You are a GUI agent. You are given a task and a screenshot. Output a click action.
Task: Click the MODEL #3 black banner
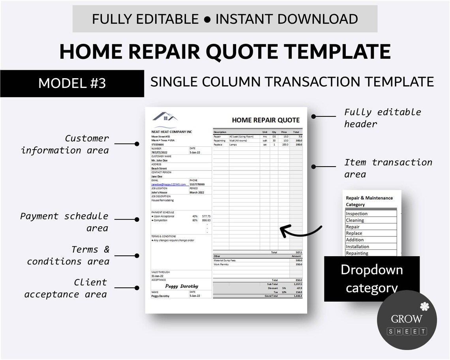click(72, 83)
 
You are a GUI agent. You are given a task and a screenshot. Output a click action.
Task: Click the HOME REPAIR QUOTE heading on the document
click(265, 120)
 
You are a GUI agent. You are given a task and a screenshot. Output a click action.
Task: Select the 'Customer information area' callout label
click(65, 144)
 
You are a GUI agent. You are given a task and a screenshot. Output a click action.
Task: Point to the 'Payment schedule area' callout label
click(64, 222)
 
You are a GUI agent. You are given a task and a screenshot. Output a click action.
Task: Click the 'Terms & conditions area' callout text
click(68, 255)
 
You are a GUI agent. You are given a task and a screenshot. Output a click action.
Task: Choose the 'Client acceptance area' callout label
click(66, 288)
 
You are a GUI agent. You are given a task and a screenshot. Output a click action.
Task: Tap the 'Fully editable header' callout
click(382, 118)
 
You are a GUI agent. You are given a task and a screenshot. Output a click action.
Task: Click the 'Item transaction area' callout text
click(388, 168)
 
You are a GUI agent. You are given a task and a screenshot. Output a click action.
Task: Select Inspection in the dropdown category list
click(357, 214)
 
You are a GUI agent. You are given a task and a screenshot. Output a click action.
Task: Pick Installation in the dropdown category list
click(358, 247)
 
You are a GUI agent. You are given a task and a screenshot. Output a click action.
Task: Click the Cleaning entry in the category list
click(355, 220)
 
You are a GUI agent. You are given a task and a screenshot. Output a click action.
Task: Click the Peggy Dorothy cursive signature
click(182, 286)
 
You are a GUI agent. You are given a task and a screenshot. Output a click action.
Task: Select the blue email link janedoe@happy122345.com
click(169, 184)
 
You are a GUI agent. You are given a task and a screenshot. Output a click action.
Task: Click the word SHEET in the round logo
click(407, 331)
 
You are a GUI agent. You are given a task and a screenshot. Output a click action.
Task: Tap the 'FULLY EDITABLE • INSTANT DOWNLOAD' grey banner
click(225, 19)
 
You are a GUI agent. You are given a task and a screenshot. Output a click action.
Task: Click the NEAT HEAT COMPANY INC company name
click(171, 132)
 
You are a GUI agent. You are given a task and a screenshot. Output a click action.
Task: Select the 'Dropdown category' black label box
click(371, 279)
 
